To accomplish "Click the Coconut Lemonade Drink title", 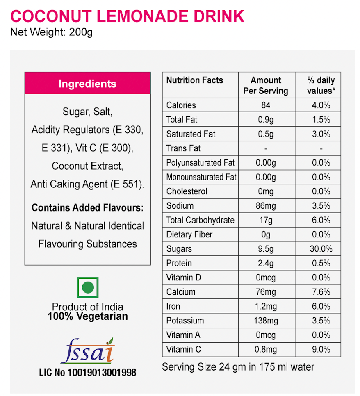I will [127, 16].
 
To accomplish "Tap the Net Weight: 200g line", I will [51, 32].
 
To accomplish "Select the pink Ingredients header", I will [87, 84].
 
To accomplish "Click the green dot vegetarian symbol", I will [88, 287].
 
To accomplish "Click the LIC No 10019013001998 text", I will [87, 373].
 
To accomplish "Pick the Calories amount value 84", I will [266, 105].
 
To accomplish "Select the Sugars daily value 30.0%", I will [321, 249].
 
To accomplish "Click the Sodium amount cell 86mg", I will [266, 206].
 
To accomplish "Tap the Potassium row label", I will [185, 321].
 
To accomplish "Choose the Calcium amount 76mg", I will [266, 292].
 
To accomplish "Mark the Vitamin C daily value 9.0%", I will [321, 349].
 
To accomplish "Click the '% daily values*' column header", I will [321, 85].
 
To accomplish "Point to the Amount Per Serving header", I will [266, 85].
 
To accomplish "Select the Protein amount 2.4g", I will [266, 263].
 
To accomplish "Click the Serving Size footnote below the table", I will [238, 366].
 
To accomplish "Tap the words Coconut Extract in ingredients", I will [87, 166].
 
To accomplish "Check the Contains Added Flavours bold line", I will [87, 208].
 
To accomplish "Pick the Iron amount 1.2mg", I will [266, 306].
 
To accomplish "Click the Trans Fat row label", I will [183, 148].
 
